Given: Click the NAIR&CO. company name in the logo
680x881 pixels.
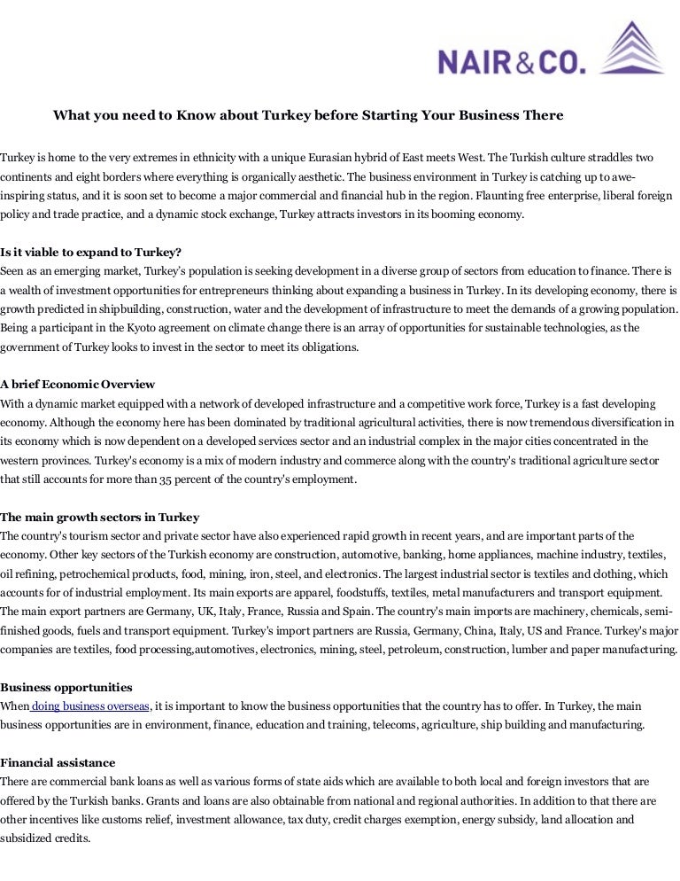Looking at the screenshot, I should point(512,61).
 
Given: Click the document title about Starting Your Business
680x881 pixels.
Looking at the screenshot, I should point(308,116).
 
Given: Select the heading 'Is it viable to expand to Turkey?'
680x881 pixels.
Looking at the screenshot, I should point(91,251).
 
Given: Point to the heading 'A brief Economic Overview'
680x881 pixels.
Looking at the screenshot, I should point(78,384).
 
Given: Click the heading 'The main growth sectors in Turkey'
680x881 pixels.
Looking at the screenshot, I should point(100,517).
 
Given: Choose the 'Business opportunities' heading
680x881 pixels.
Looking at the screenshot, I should point(66,687).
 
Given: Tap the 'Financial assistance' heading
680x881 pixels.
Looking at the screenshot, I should point(58,762).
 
